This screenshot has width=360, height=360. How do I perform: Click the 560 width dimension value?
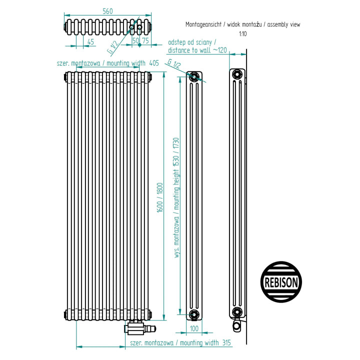tap(107, 11)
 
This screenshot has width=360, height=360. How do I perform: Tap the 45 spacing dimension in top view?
tap(90, 42)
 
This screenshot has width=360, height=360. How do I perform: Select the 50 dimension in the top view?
tap(136, 40)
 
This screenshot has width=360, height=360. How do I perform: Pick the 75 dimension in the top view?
tap(145, 40)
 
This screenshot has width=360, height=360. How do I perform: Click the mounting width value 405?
tap(154, 63)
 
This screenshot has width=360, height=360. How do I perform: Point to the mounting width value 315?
tap(226, 343)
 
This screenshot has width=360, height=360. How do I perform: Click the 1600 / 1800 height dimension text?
tap(160, 197)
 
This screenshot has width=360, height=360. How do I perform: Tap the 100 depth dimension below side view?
tap(194, 328)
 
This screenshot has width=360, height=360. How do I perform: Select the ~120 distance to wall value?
tap(220, 50)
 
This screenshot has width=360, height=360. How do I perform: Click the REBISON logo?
tap(281, 282)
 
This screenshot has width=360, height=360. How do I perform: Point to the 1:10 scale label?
tap(243, 34)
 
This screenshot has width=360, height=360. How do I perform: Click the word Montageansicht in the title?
tap(203, 24)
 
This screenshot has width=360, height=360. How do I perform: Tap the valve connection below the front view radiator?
tap(140, 327)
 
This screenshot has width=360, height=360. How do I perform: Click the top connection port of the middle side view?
tap(194, 76)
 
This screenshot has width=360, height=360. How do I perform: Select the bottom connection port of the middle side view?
tap(194, 314)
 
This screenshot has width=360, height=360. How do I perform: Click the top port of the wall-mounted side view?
tap(237, 74)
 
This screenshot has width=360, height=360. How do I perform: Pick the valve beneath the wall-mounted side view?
tap(237, 325)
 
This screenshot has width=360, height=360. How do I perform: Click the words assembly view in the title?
tap(284, 24)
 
